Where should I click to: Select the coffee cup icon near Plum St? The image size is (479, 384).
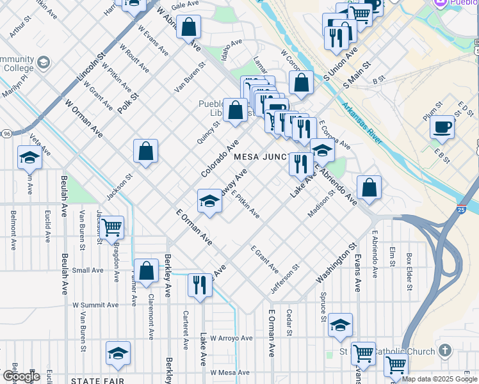[x=442, y=126]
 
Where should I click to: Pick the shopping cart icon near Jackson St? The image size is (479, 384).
[x=111, y=227]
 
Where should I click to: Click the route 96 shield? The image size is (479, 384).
[x=6, y=133]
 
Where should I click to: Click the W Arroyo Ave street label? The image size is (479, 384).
[x=232, y=337]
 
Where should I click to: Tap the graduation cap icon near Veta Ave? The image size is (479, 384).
[x=29, y=157]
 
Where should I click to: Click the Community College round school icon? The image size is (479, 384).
[x=43, y=63]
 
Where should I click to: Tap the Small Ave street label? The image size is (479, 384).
[x=87, y=270]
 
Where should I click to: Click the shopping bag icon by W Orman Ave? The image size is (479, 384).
[x=146, y=151]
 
